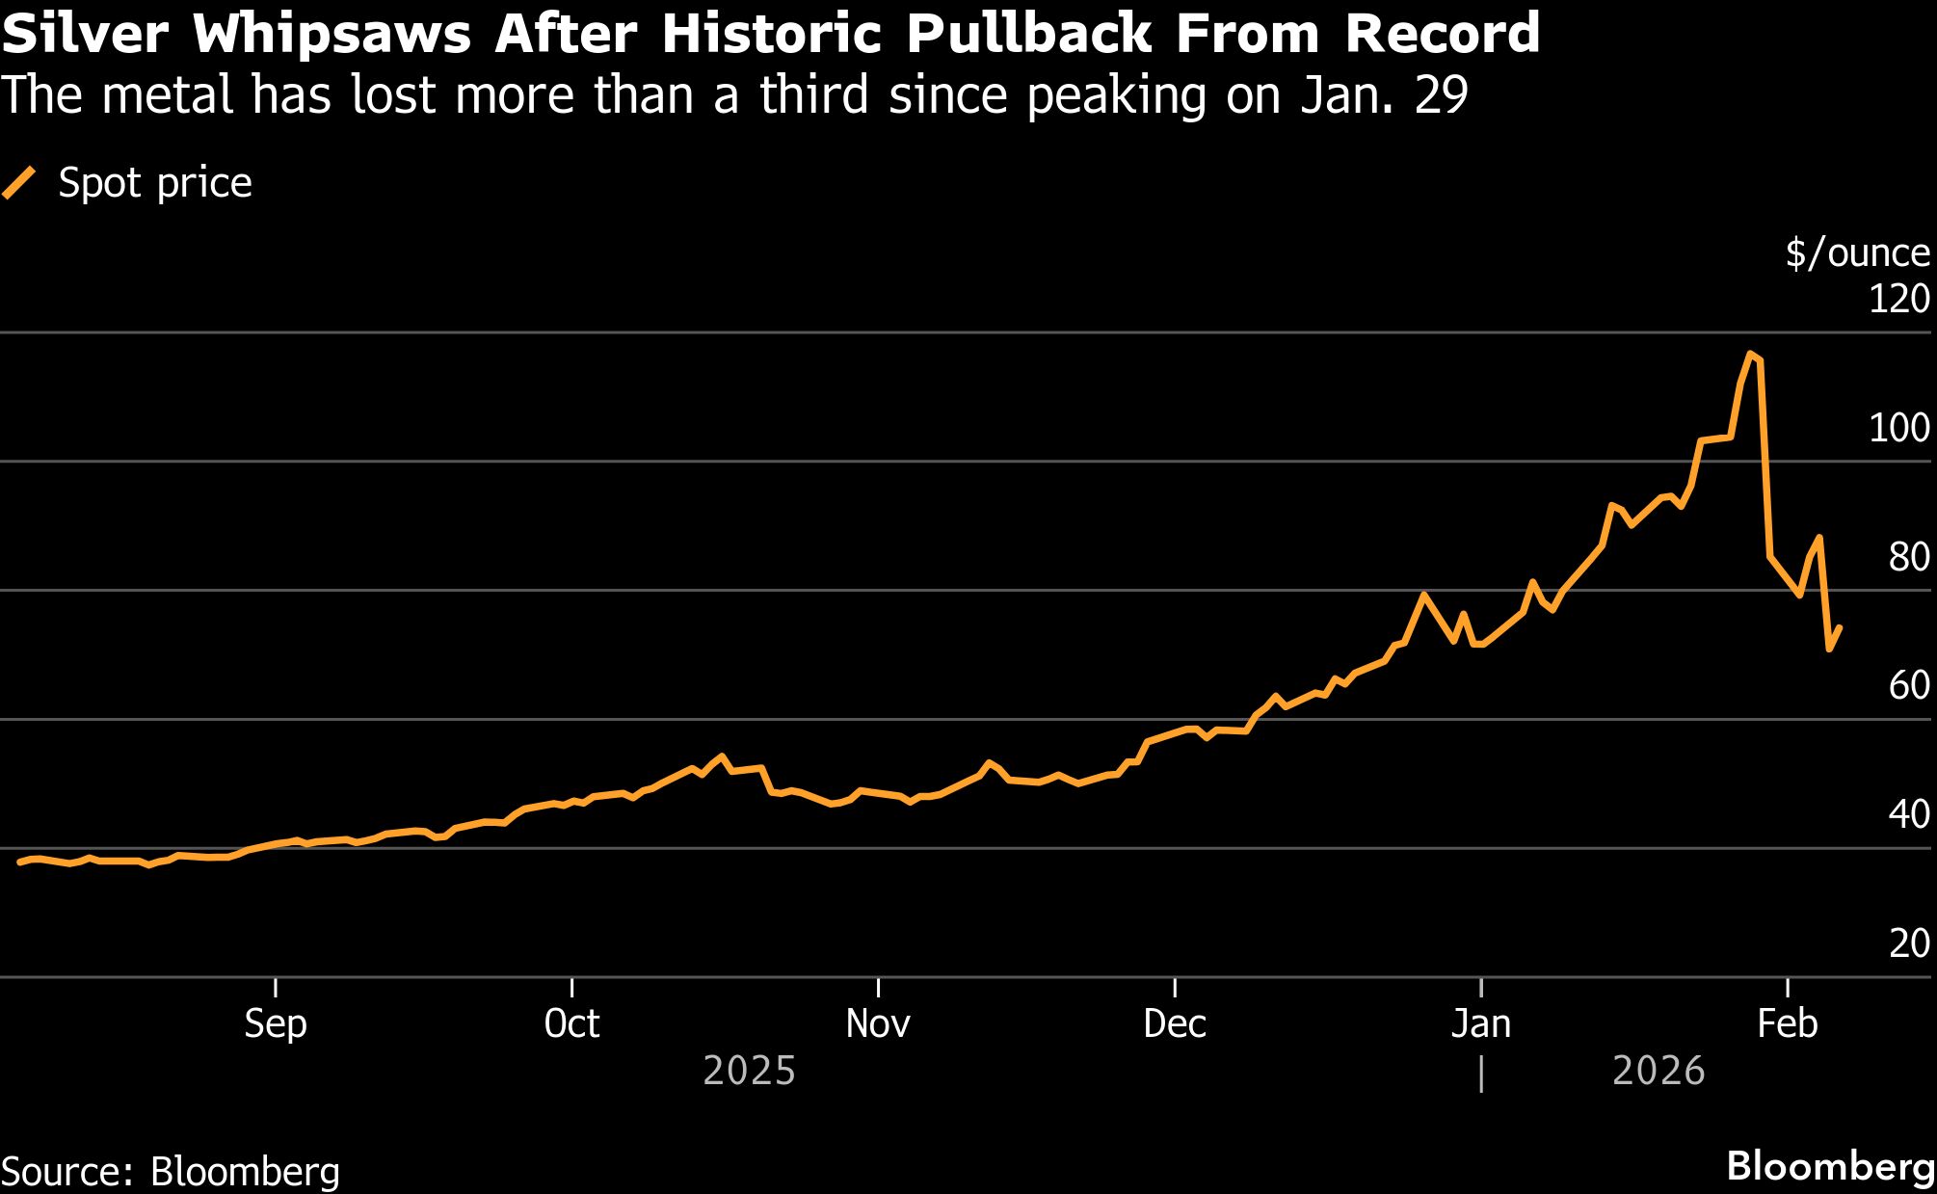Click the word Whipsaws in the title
click(332, 34)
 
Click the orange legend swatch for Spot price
click(19, 182)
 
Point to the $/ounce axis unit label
click(1857, 253)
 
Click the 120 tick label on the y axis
click(1898, 300)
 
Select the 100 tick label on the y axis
click(1898, 428)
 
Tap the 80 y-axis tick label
click(1908, 557)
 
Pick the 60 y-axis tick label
click(1908, 686)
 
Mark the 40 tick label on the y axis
click(1908, 815)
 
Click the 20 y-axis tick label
click(1908, 943)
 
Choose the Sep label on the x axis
click(276, 1023)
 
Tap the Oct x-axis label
click(571, 1023)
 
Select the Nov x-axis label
click(878, 1023)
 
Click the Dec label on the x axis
click(1175, 1023)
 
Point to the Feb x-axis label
click(1787, 1023)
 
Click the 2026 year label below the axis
click(1658, 1072)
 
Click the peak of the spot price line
click(1750, 354)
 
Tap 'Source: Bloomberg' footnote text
click(171, 1172)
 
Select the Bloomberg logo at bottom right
click(1830, 1166)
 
